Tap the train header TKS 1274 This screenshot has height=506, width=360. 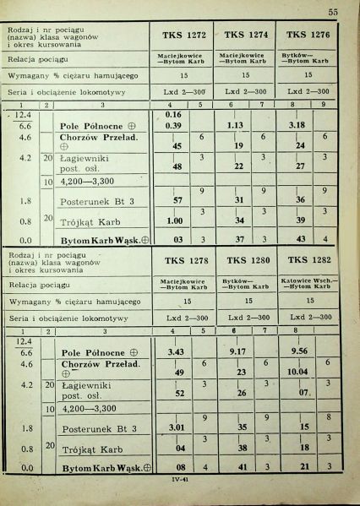(246, 35)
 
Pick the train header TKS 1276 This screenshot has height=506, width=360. (308, 35)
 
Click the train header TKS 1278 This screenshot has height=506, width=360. (185, 261)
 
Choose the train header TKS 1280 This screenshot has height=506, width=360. (247, 261)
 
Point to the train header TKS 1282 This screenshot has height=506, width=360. (308, 261)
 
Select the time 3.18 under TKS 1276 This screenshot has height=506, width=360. (297, 126)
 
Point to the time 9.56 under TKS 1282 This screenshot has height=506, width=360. (299, 352)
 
